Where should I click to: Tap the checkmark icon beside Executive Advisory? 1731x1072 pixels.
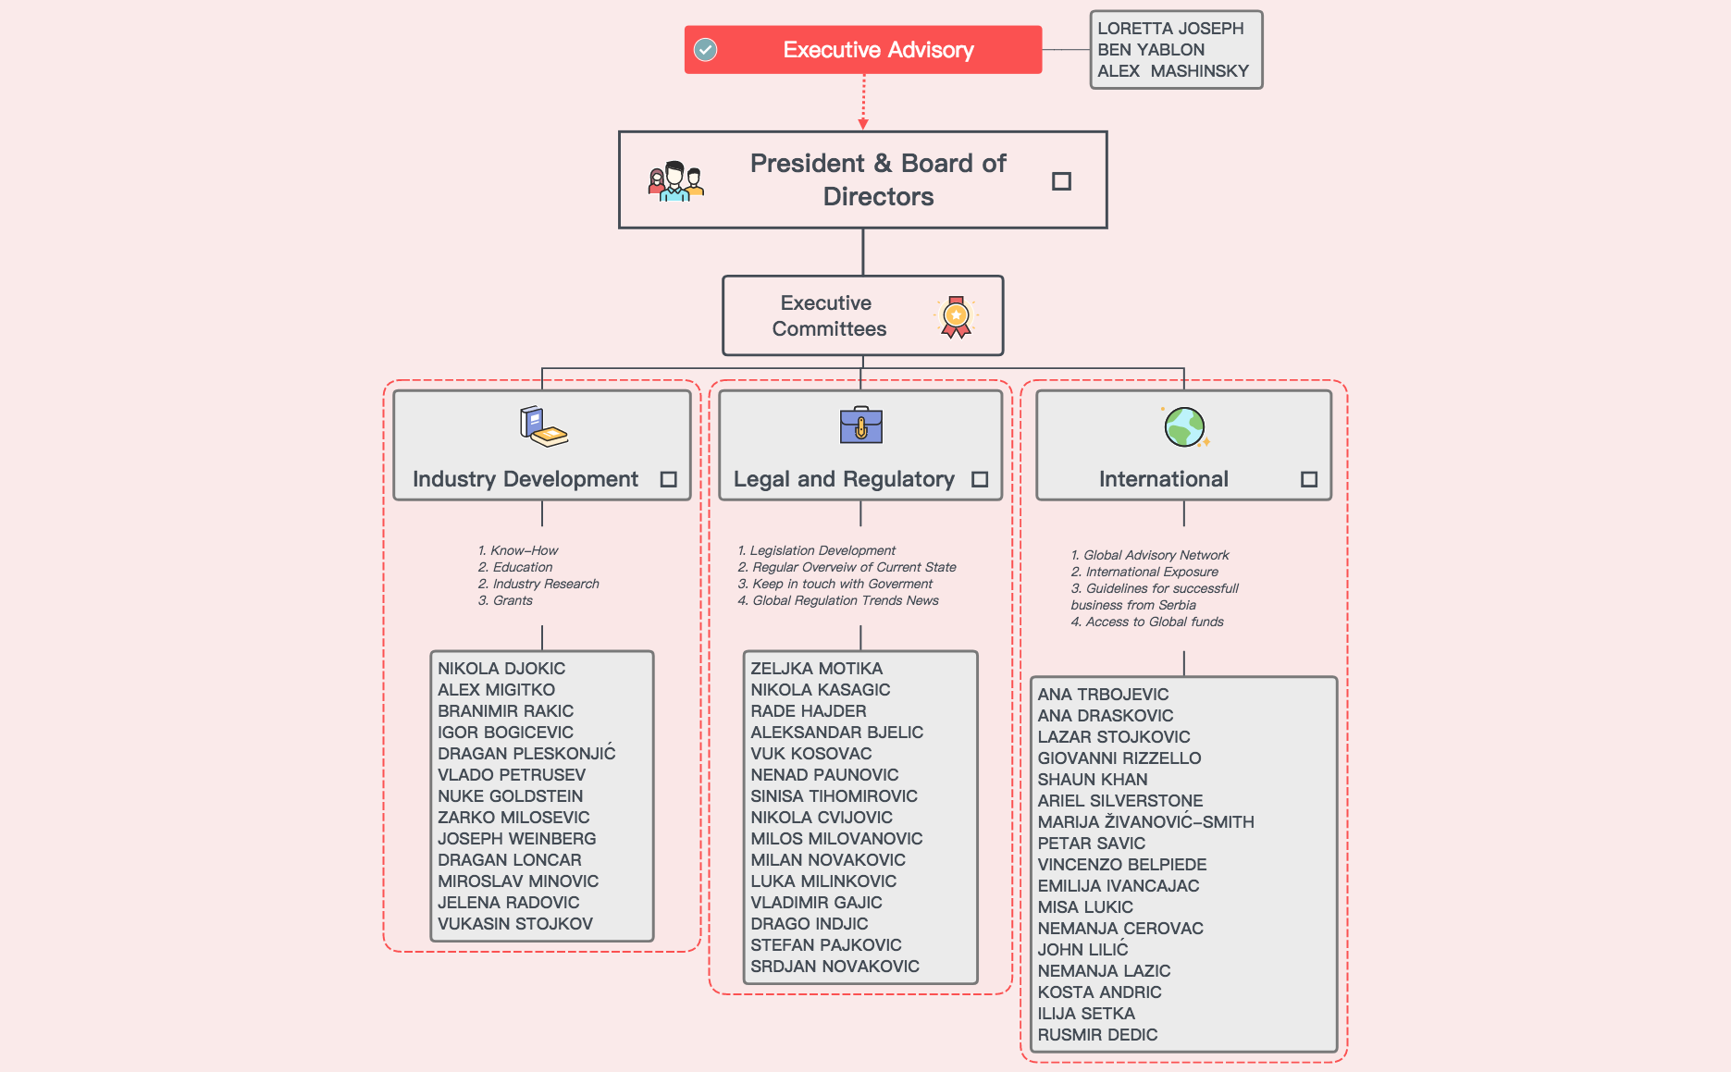pos(705,50)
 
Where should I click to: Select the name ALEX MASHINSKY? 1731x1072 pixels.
pos(1172,71)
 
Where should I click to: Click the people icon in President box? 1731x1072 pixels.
pos(676,181)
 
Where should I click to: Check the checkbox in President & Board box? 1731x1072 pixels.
pos(1061,181)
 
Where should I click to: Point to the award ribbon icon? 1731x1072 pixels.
pos(956,317)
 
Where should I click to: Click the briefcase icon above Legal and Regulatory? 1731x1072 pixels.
pos(861,425)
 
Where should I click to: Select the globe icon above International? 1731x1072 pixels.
pos(1185,427)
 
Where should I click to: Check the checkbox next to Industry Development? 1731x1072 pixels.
pos(668,479)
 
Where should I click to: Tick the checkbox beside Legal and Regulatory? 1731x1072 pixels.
pos(980,479)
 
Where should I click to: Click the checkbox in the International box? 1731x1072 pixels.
pos(1308,479)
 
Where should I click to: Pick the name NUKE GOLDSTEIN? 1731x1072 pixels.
pos(510,796)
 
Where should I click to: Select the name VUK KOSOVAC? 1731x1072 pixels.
pos(810,754)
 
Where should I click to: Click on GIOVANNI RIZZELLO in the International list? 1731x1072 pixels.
pos(1119,758)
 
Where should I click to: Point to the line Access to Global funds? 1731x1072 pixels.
pos(1147,622)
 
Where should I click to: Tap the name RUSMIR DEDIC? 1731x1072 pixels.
pos(1097,1035)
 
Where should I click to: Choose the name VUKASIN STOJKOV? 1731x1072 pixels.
pos(514,924)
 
